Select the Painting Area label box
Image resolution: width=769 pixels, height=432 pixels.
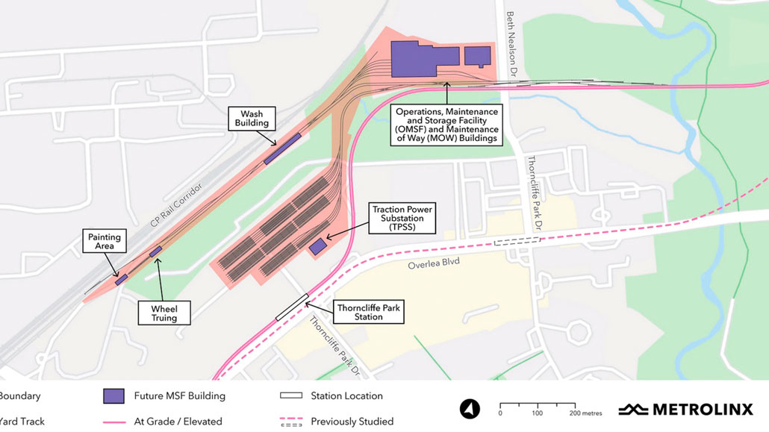pyautogui.click(x=104, y=241)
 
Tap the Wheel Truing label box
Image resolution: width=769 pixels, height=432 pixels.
pyautogui.click(x=164, y=313)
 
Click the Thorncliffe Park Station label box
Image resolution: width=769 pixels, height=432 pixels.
pyautogui.click(x=369, y=312)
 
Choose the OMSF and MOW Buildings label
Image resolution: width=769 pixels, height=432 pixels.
pyautogui.click(x=447, y=125)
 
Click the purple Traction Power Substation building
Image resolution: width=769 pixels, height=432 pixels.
pyautogui.click(x=318, y=246)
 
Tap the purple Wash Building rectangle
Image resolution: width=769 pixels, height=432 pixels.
pyautogui.click(x=282, y=148)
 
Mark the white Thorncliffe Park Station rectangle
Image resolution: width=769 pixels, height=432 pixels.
pyautogui.click(x=292, y=307)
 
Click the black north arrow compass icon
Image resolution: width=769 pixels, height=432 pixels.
pyautogui.click(x=470, y=409)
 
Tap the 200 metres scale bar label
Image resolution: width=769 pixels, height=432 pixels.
pyautogui.click(x=584, y=413)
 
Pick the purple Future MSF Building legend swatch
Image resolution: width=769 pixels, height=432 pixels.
pyautogui.click(x=113, y=396)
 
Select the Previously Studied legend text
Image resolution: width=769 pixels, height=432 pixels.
pyautogui.click(x=352, y=422)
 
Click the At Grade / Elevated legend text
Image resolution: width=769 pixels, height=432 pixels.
pyautogui.click(x=178, y=422)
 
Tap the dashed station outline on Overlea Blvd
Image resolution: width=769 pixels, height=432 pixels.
pyautogui.click(x=517, y=241)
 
